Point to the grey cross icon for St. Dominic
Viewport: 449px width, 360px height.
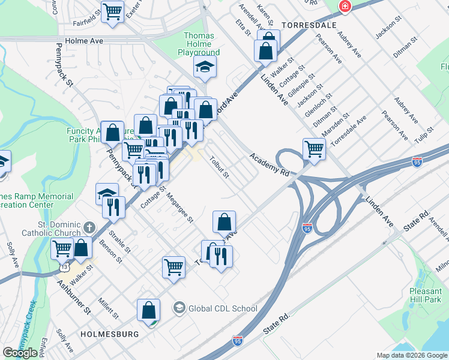(x=89, y=227)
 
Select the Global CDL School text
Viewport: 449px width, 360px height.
(x=223, y=308)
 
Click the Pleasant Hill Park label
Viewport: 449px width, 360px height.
(x=425, y=295)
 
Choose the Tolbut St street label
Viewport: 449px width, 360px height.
(x=219, y=167)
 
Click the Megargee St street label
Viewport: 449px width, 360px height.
(x=180, y=207)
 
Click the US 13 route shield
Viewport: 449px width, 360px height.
(x=65, y=265)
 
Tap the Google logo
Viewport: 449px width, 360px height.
(x=20, y=353)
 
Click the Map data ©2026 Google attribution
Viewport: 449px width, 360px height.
(x=411, y=355)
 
